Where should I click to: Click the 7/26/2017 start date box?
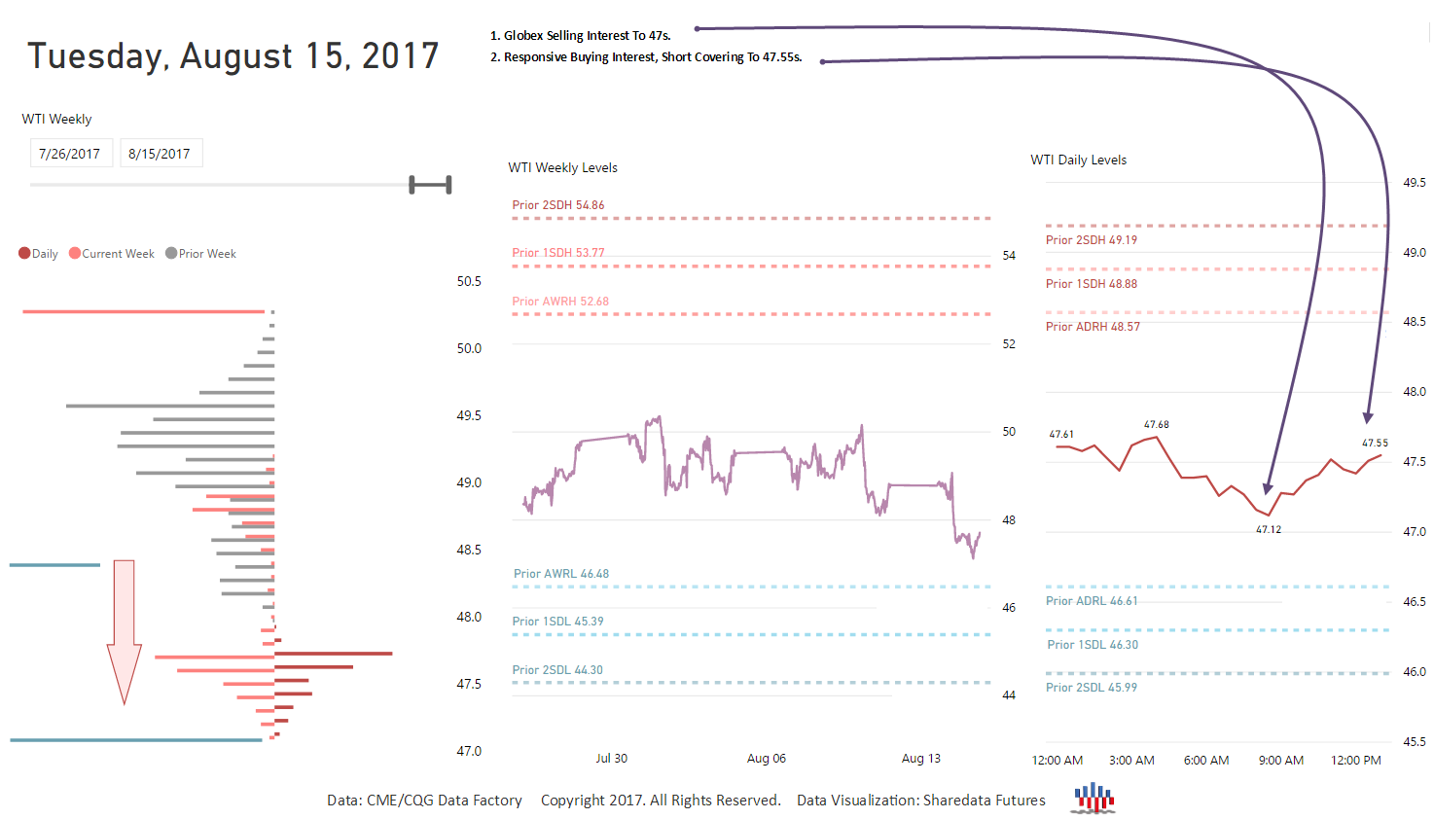70,154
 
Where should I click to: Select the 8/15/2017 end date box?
160,154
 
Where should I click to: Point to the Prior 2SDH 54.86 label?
558,205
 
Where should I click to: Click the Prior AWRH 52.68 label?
560,302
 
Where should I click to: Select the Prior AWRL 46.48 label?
561,574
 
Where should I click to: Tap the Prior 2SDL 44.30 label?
557,670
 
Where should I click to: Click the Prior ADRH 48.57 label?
1093,327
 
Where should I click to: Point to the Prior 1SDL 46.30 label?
1093,645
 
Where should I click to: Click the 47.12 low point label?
1269,530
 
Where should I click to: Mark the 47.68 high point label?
1157,425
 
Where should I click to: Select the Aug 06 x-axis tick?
767,759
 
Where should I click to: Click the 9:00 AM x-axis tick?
1281,761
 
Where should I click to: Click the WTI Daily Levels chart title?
1079,160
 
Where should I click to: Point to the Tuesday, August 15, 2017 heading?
233,56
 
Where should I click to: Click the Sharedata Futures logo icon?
1094,798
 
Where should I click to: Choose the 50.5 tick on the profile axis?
469,282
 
